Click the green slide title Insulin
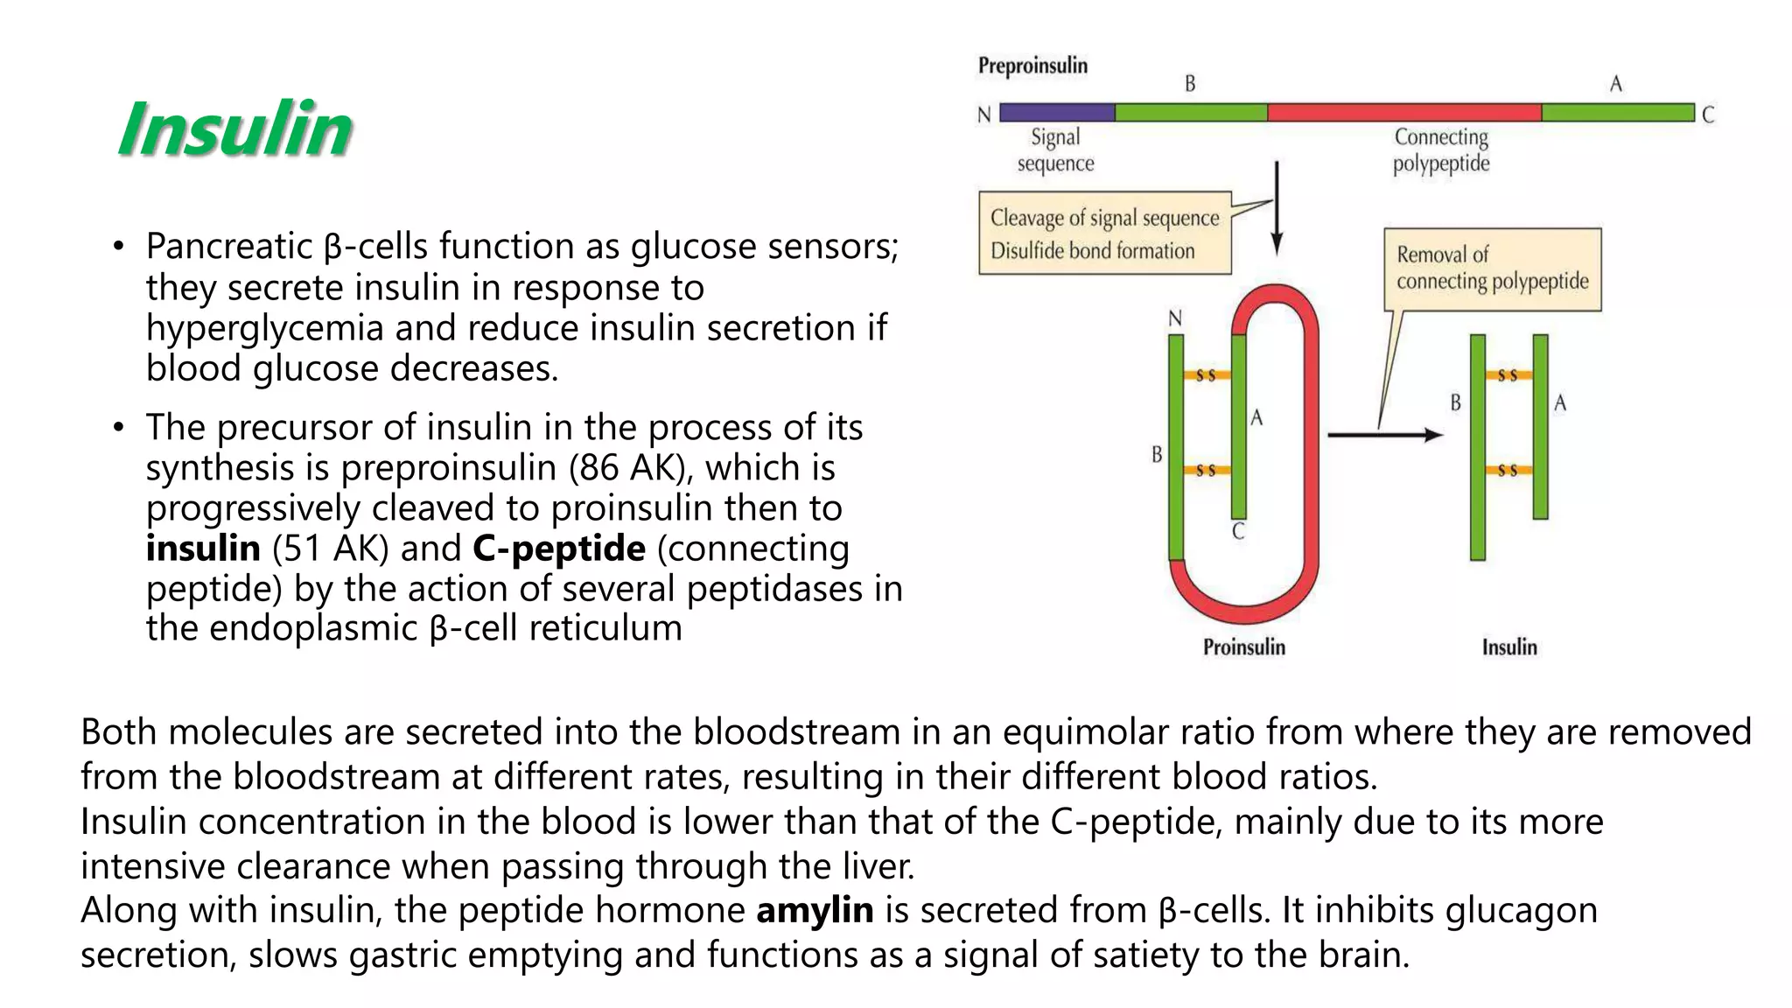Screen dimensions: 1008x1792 [234, 129]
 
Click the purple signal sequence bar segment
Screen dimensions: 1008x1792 [1057, 113]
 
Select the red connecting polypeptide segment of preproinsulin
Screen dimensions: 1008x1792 [1403, 113]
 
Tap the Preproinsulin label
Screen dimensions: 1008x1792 [1032, 66]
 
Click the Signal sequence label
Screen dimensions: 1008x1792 [1055, 150]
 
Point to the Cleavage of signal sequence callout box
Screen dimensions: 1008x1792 [1104, 234]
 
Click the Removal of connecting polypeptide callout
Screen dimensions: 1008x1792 [1492, 269]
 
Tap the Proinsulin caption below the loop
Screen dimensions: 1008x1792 [1243, 647]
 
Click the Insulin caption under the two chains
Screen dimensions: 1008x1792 [1508, 647]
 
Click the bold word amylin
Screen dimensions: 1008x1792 [815, 910]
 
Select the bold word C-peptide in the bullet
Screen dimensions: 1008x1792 [559, 549]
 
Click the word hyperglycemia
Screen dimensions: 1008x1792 [264, 328]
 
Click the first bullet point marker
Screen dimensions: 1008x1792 [119, 247]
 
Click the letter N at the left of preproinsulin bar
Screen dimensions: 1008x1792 [984, 115]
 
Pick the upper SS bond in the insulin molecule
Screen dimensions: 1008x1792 [1508, 375]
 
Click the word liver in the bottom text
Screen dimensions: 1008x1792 [878, 866]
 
